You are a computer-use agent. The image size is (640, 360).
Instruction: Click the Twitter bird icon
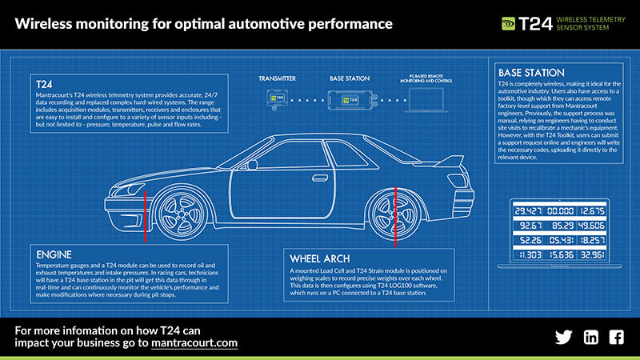click(x=563, y=337)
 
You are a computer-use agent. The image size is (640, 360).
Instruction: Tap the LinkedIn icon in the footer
click(x=590, y=337)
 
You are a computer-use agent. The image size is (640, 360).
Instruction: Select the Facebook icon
click(x=616, y=337)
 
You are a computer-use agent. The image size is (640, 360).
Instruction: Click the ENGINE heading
click(x=53, y=254)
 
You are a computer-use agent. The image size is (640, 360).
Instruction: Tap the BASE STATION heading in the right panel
click(x=531, y=72)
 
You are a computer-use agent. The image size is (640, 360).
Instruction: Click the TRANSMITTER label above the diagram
click(x=278, y=78)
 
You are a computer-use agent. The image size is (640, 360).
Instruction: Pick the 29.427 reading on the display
click(x=530, y=211)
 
